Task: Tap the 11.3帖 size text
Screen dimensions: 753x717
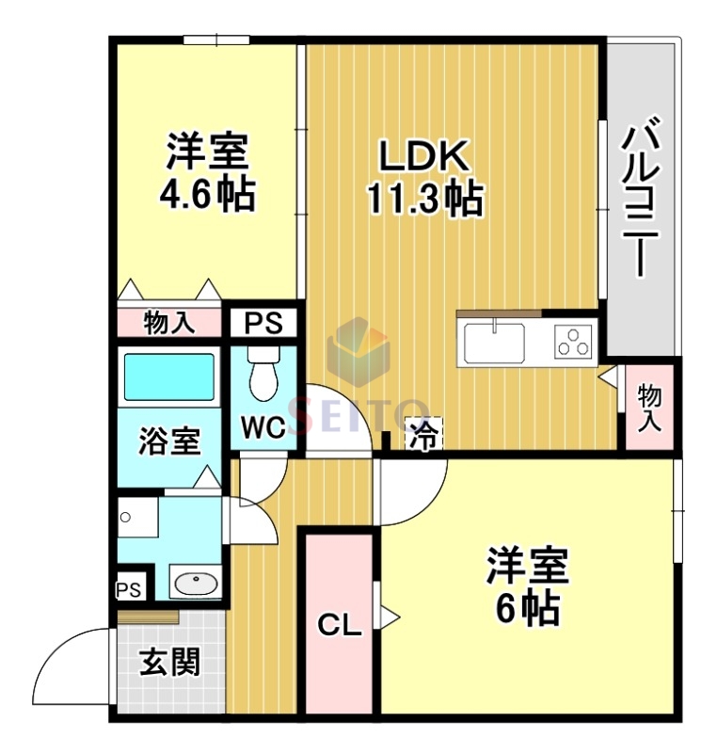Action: coord(424,199)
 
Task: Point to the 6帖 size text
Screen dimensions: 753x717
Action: coord(527,610)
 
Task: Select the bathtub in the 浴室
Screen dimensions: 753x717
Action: coord(170,377)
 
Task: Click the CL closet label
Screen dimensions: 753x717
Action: coord(339,624)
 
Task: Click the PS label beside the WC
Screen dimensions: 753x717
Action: coord(263,323)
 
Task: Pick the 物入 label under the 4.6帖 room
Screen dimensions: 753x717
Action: coord(169,323)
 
